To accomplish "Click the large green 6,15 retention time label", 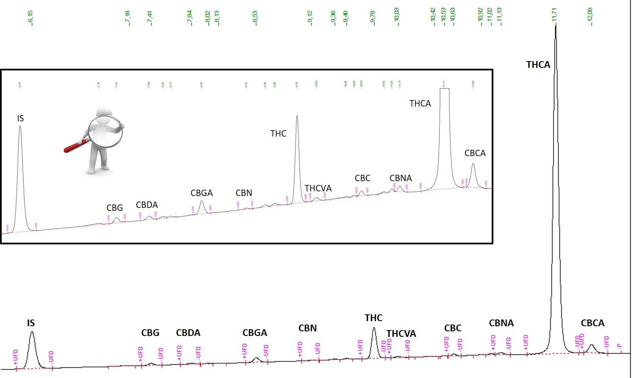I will click(x=31, y=18).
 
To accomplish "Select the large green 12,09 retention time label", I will click(x=590, y=17).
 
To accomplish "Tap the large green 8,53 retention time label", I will click(x=255, y=18).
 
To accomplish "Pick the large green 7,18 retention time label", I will click(x=128, y=18).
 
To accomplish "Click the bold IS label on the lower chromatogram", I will click(x=31, y=323).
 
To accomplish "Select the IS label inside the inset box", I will click(x=20, y=118).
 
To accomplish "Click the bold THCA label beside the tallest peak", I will click(x=538, y=64).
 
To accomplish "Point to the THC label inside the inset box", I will click(x=278, y=134).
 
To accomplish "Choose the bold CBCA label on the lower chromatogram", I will click(x=592, y=323).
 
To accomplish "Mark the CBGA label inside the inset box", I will click(x=201, y=193).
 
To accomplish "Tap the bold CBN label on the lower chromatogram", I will click(x=307, y=328).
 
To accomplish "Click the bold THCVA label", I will click(x=401, y=334).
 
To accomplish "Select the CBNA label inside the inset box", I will click(x=401, y=178).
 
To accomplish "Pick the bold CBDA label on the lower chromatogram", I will click(x=188, y=333).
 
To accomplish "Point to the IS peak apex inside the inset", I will click(x=20, y=126).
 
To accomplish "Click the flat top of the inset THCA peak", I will click(x=444, y=89).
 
